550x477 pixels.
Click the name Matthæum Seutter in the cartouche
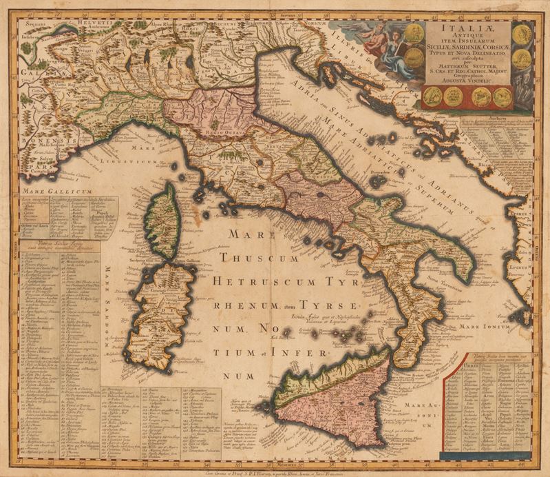[465, 63]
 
